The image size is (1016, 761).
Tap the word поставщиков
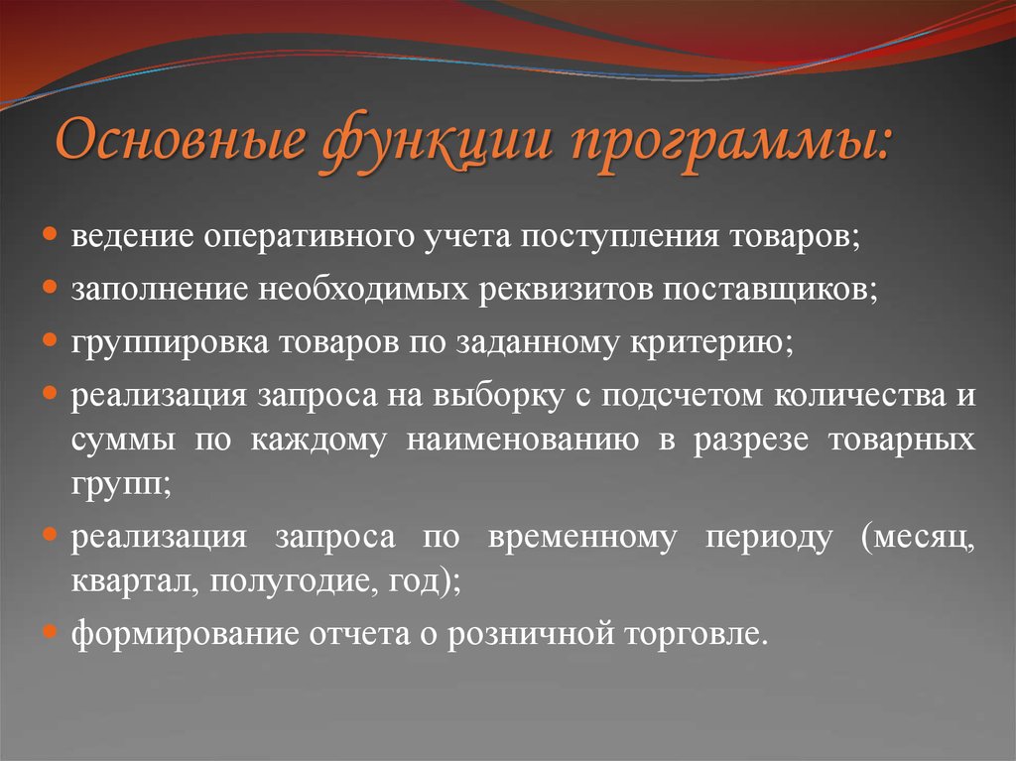tap(768, 290)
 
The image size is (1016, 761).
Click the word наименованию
tap(522, 439)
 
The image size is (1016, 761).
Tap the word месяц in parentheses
tap(918, 538)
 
